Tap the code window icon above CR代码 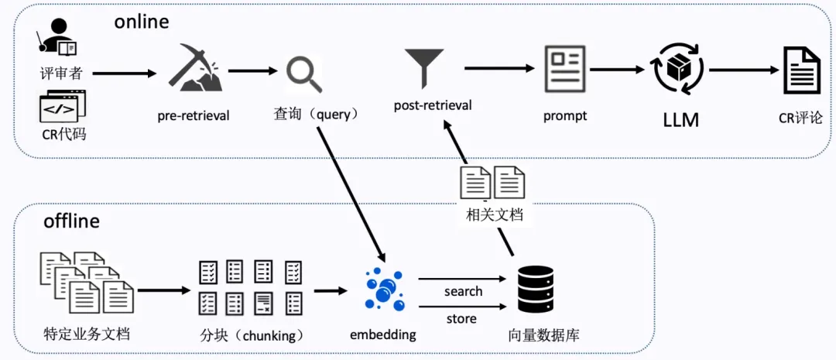(63, 108)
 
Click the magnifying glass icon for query (303, 74)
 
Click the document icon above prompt (565, 70)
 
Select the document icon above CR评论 (801, 70)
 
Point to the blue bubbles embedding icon (384, 288)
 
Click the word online (141, 22)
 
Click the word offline (71, 221)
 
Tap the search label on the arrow (463, 291)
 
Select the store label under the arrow (461, 318)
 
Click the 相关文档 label (494, 215)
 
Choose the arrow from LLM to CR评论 (743, 70)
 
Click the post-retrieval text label (433, 105)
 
